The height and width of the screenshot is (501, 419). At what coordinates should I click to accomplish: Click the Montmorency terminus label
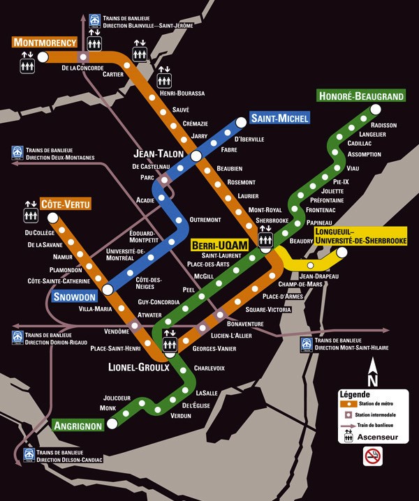(44, 43)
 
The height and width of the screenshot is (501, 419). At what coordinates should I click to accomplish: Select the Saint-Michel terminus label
(279, 118)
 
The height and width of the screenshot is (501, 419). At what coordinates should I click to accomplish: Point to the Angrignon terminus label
(78, 425)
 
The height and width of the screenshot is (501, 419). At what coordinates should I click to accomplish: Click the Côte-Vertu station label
(66, 204)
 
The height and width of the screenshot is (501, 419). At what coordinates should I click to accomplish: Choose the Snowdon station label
(74, 297)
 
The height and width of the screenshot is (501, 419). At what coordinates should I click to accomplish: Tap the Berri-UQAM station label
(219, 245)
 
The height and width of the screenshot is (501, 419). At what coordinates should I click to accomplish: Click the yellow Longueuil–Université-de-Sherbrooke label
(360, 235)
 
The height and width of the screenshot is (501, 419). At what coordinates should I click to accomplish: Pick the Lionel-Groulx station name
(139, 367)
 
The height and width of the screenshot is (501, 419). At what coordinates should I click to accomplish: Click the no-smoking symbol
(373, 456)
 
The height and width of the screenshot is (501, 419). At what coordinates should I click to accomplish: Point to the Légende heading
(354, 394)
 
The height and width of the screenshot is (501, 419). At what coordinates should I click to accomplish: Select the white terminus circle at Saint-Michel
(242, 123)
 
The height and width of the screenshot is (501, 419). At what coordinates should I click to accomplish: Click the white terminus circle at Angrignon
(112, 424)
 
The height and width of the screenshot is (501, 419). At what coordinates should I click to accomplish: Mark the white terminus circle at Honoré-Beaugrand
(376, 109)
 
